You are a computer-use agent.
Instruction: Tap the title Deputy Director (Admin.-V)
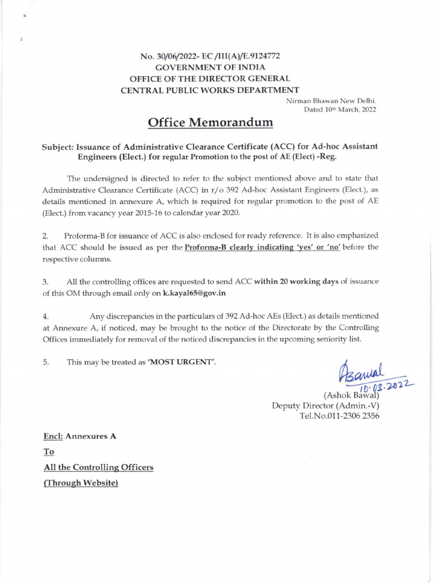pyautogui.click(x=326, y=405)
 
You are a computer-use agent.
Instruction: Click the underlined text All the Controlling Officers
pyautogui.click(x=99, y=467)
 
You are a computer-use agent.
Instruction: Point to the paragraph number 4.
pyautogui.click(x=46, y=315)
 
